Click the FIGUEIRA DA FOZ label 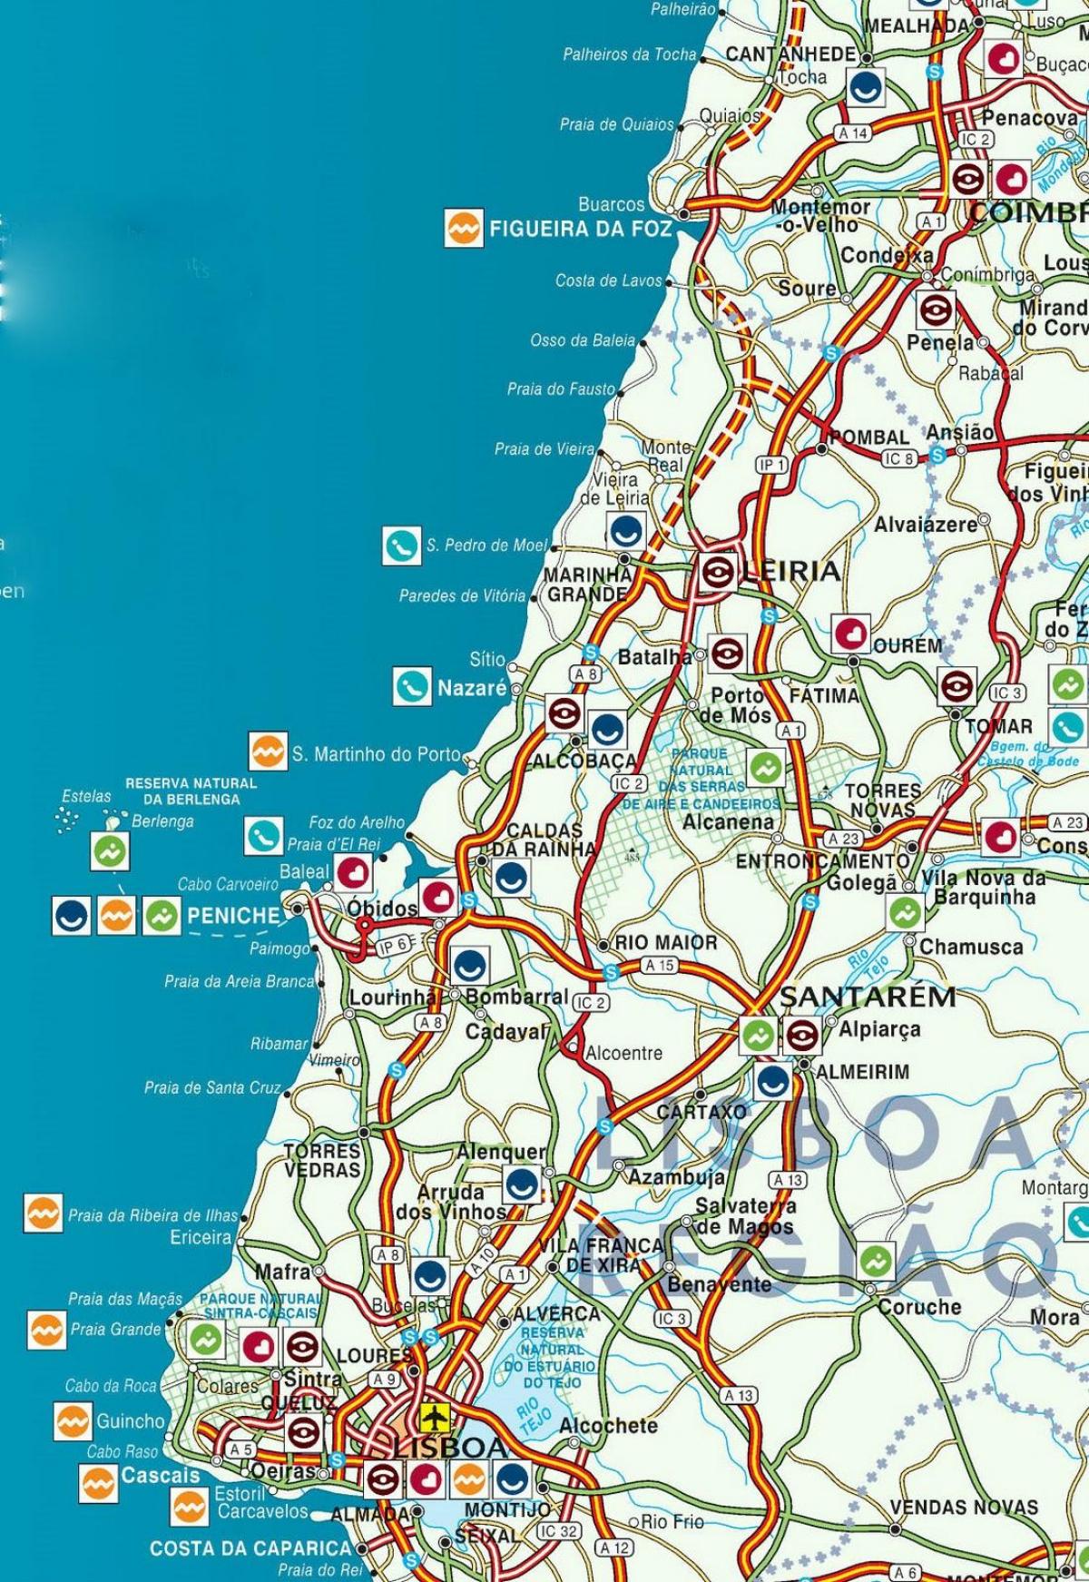[x=581, y=230]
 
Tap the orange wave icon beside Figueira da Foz [x=463, y=229]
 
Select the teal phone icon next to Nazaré [x=412, y=686]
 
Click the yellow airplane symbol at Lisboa [x=437, y=1415]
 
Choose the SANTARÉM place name [x=868, y=997]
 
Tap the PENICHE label [x=234, y=915]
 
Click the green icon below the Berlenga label [x=110, y=851]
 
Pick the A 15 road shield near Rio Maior [x=660, y=966]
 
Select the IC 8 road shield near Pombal [x=898, y=459]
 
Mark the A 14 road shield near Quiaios [x=853, y=133]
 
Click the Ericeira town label [x=201, y=1237]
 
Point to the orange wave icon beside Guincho [x=72, y=1421]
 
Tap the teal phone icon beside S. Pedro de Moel [x=400, y=545]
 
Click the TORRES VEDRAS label [x=322, y=1161]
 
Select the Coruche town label [x=919, y=1307]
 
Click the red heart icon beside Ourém [x=851, y=632]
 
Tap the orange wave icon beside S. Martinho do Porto [x=268, y=752]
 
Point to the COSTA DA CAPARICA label [x=250, y=1548]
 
